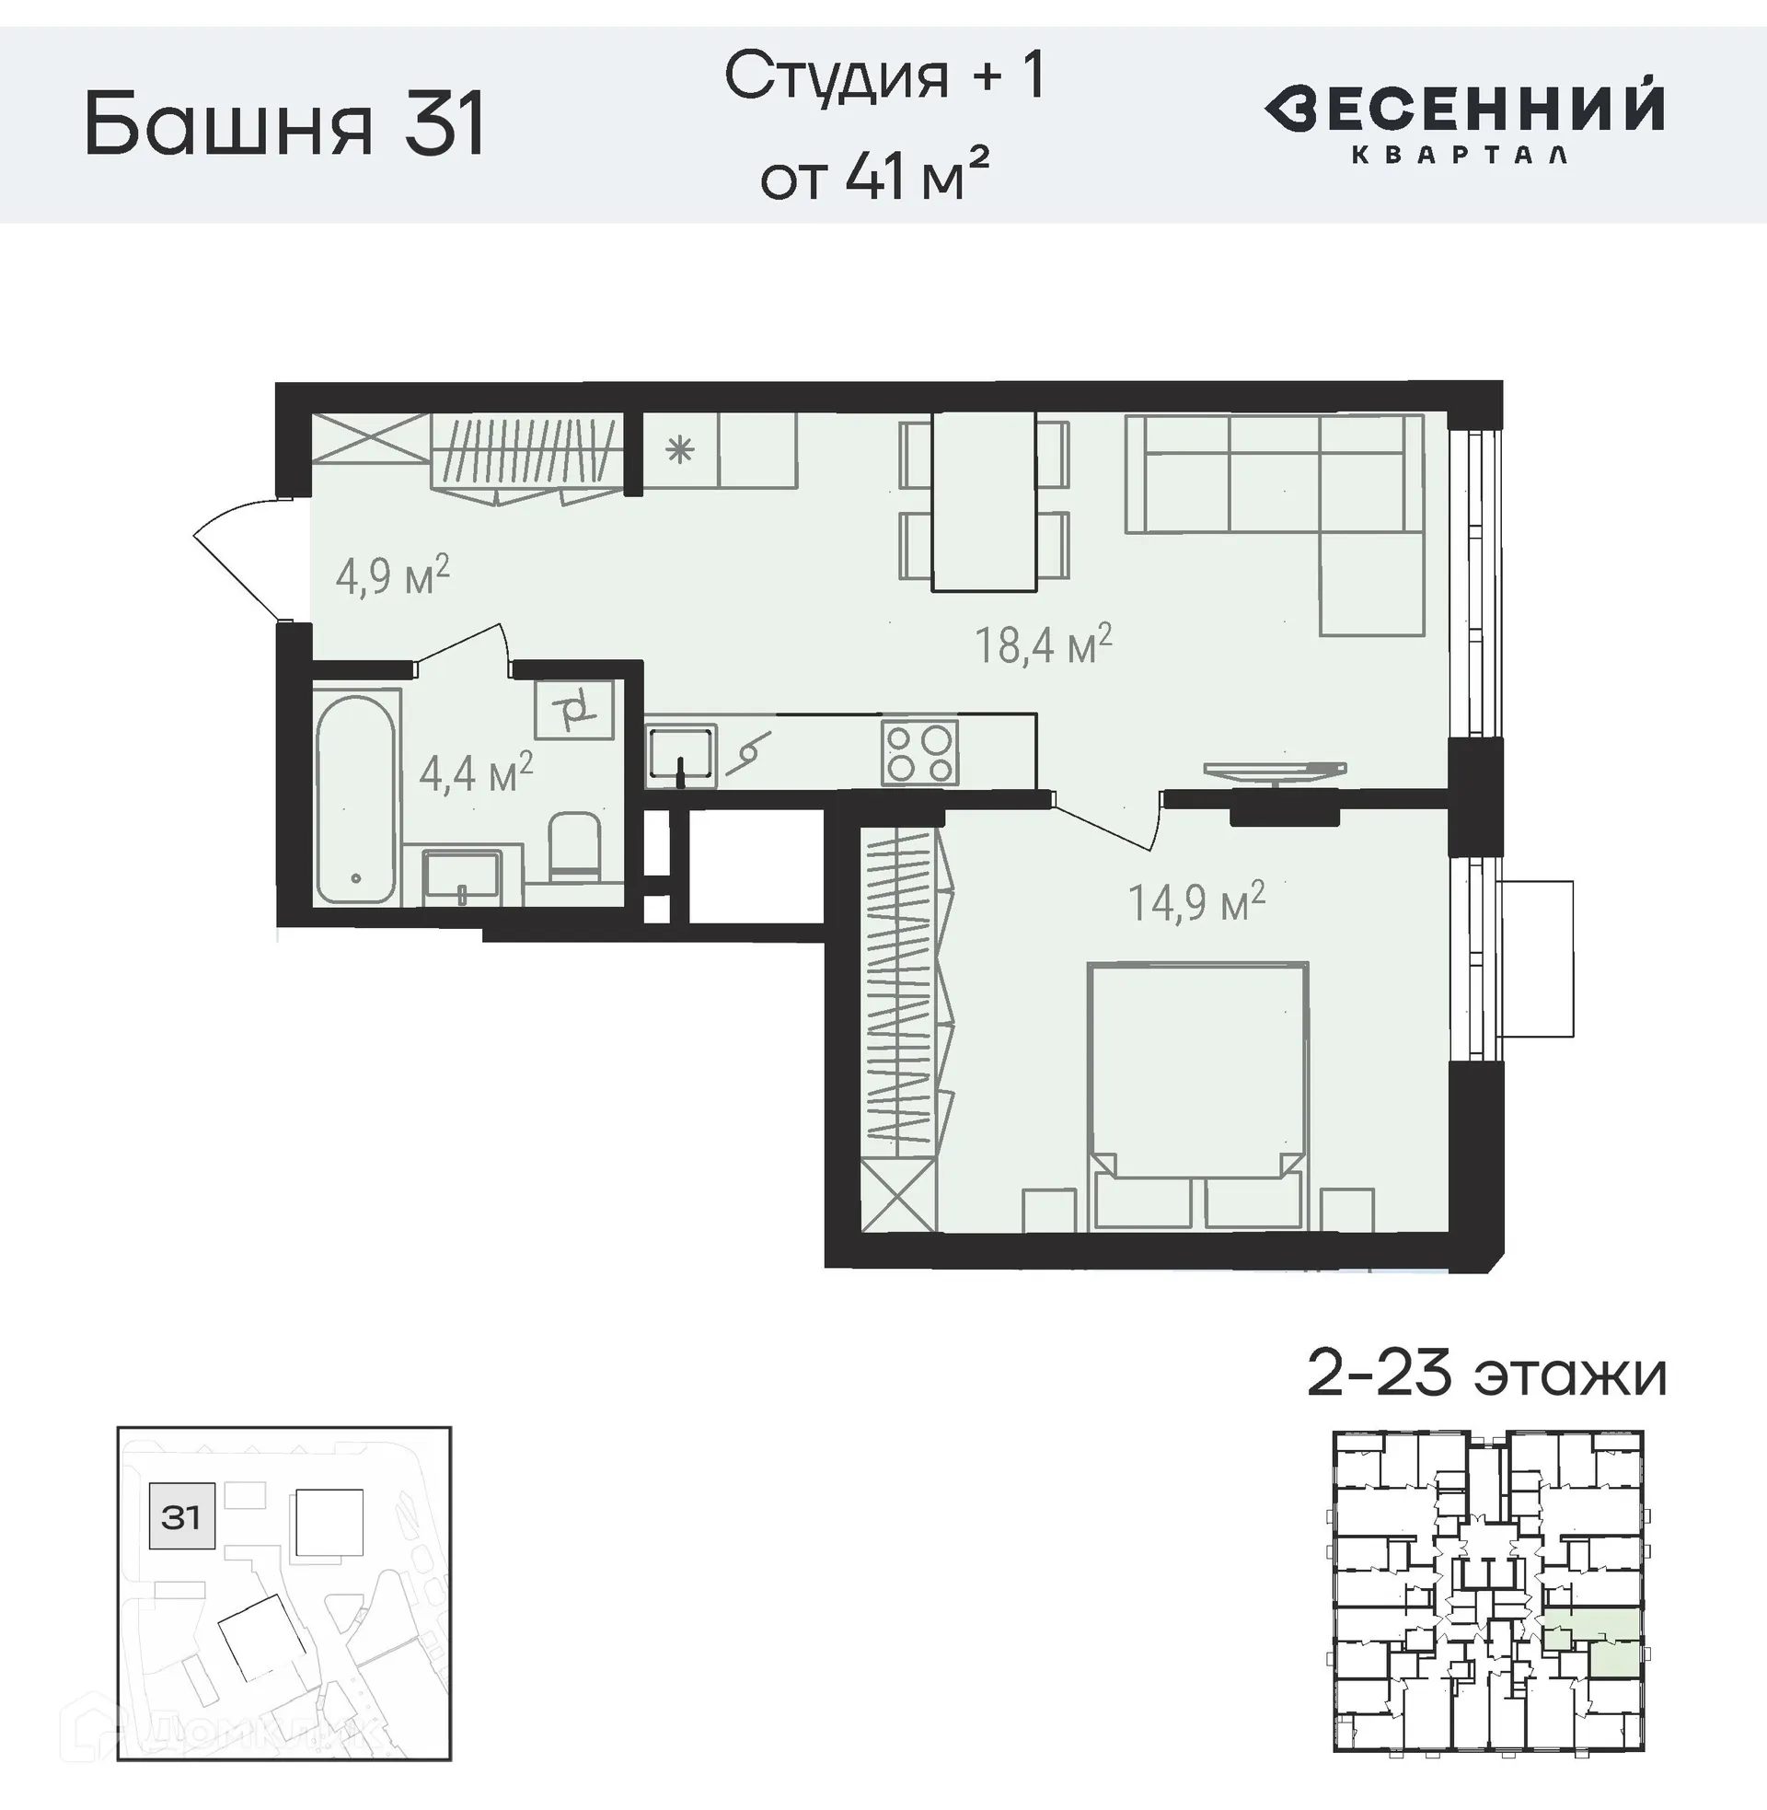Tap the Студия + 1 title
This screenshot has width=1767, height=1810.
pos(884,76)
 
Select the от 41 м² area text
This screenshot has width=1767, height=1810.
pos(873,177)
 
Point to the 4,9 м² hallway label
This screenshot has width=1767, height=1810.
pos(392,576)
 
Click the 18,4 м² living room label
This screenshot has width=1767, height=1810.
pos(1042,644)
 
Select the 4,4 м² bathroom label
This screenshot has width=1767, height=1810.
pos(475,772)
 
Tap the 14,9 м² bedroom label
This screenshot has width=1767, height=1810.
pos(1195,901)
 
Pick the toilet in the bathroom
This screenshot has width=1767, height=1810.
pos(574,846)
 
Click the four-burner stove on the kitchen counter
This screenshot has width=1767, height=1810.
pos(918,753)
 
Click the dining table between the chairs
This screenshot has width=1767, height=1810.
pos(984,501)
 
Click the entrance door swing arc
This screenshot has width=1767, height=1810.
pos(232,557)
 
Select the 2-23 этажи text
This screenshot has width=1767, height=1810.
pos(1485,1375)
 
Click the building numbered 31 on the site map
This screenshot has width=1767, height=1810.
pos(182,1516)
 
